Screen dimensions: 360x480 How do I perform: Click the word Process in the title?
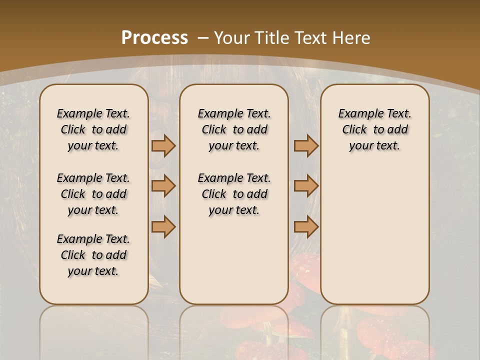point(154,37)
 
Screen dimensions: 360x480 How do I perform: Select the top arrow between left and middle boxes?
point(163,145)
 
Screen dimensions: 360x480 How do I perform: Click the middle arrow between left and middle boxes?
point(163,186)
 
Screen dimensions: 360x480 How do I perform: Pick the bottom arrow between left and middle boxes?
point(163,226)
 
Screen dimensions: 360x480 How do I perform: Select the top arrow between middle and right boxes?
point(306,145)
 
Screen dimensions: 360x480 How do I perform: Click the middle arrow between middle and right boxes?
point(306,186)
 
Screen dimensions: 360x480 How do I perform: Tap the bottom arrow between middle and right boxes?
point(306,226)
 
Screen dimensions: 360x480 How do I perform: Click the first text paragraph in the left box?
point(93,129)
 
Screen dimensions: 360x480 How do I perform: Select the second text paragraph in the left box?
point(93,194)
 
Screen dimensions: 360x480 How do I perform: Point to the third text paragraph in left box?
point(93,255)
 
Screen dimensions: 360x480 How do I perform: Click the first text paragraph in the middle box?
point(234,129)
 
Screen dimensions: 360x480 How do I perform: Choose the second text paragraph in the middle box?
point(234,194)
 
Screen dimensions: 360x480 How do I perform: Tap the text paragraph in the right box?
point(375,129)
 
